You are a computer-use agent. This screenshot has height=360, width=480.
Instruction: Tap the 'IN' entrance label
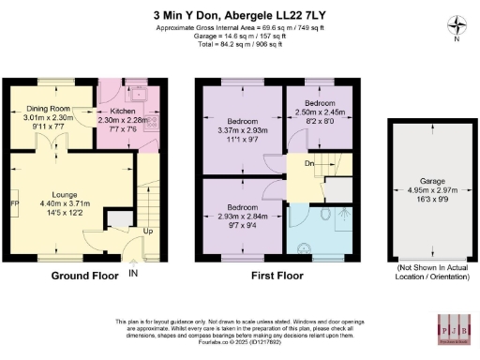click(133, 274)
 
